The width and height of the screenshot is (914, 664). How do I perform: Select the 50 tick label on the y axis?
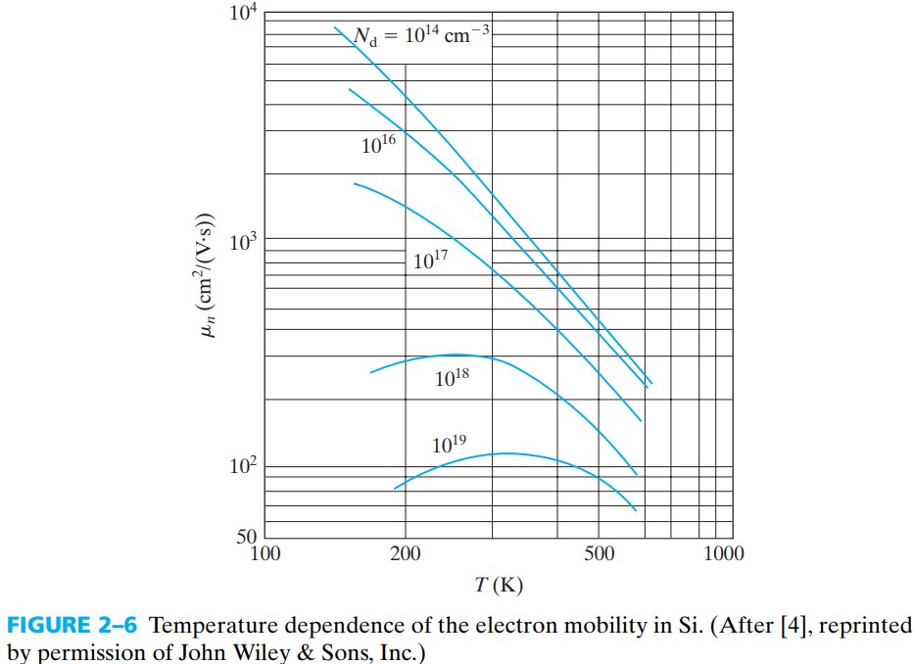(x=247, y=537)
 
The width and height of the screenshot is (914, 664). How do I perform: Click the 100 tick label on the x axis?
(x=265, y=554)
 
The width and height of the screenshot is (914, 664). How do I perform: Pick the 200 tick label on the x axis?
(x=405, y=554)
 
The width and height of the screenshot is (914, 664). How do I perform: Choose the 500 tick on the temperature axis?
(x=599, y=554)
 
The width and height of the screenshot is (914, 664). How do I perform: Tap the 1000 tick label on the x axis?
(x=724, y=554)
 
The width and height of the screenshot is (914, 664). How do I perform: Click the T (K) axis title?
(x=499, y=586)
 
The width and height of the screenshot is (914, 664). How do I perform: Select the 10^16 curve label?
(x=378, y=145)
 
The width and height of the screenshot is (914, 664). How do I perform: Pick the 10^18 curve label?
(x=452, y=377)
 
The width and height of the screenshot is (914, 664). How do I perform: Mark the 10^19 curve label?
(x=449, y=445)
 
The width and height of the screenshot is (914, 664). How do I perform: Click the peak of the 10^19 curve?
(x=505, y=453)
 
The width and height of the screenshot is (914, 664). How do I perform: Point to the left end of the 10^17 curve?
(x=354, y=183)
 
